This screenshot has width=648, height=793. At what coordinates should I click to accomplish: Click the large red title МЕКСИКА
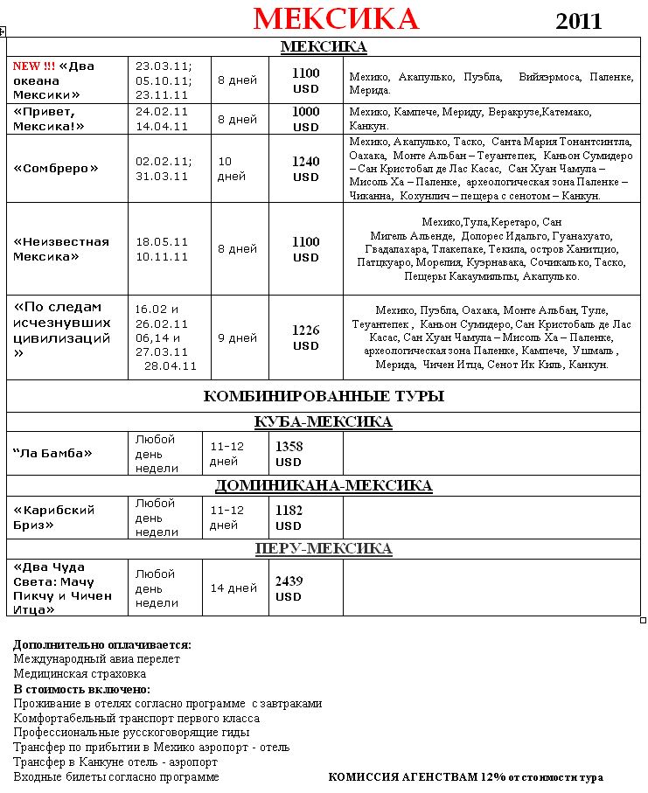pyautogui.click(x=336, y=18)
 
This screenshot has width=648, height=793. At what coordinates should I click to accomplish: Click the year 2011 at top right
pyautogui.click(x=579, y=21)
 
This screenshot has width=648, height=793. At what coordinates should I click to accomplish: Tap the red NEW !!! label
pyautogui.click(x=33, y=66)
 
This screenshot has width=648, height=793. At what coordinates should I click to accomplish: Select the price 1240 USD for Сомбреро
pyautogui.click(x=306, y=169)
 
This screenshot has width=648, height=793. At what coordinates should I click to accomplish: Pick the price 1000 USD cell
pyautogui.click(x=306, y=119)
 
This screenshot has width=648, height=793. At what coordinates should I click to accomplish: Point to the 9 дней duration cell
pyautogui.click(x=237, y=337)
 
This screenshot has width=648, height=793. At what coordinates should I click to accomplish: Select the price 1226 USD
pyautogui.click(x=306, y=337)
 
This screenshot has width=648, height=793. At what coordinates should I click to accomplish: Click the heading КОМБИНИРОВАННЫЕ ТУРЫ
pyautogui.click(x=324, y=396)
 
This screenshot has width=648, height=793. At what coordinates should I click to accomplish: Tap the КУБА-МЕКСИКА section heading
pyautogui.click(x=324, y=422)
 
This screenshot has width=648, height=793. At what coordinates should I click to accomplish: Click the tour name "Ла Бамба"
pyautogui.click(x=52, y=453)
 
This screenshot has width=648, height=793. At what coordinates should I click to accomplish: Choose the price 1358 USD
pyautogui.click(x=289, y=454)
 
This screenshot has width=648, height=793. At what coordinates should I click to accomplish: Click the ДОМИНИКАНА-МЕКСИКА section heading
pyautogui.click(x=324, y=485)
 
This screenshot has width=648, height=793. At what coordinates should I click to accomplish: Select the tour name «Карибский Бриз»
pyautogui.click(x=54, y=517)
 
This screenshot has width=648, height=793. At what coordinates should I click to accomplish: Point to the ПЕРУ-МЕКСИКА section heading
pyautogui.click(x=324, y=548)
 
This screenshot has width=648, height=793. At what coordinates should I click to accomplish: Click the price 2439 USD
pyautogui.click(x=289, y=588)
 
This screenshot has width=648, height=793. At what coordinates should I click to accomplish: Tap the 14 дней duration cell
pyautogui.click(x=233, y=588)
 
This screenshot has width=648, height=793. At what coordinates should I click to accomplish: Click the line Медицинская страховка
pyautogui.click(x=80, y=674)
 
